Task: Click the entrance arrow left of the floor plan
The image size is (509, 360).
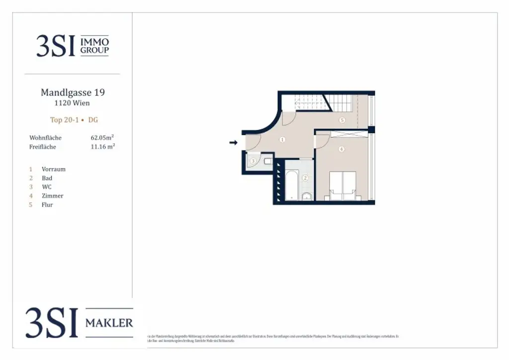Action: point(233,143)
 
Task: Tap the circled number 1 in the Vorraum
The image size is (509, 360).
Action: point(282,140)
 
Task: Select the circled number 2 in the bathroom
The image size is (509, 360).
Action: point(306,178)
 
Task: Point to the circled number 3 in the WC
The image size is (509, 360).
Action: point(253,161)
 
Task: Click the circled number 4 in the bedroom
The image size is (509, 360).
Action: point(341,149)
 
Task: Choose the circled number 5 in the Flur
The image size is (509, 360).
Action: point(342,120)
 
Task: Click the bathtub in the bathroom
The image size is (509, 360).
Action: point(292,184)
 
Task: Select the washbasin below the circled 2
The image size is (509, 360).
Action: point(307,195)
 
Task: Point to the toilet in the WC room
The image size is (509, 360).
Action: point(267,161)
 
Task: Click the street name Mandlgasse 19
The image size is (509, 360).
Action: point(73,92)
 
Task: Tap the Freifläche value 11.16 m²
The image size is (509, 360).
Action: point(102,147)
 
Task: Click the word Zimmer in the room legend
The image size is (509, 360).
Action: point(52,196)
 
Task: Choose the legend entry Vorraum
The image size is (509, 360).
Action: point(53,169)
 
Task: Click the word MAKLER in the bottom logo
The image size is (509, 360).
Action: point(109,323)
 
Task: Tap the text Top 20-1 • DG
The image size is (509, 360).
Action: point(74,120)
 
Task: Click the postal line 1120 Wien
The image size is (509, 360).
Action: point(72,103)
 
